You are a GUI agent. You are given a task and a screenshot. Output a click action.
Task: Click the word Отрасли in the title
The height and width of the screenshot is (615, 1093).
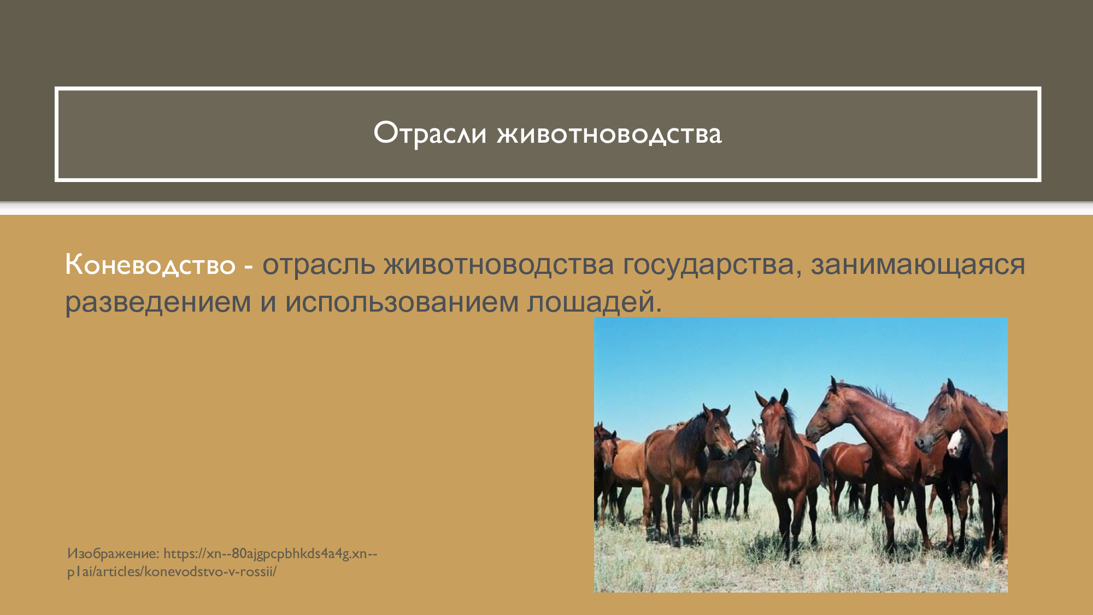(430, 133)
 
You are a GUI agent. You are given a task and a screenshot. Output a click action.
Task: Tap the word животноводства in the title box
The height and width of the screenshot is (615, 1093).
(609, 134)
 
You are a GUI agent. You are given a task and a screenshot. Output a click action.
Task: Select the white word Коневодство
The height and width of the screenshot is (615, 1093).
(150, 265)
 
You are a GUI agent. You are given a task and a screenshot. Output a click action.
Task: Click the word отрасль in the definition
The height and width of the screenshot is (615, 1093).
(319, 265)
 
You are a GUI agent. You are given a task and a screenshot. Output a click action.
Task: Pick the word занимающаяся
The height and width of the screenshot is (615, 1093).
(918, 265)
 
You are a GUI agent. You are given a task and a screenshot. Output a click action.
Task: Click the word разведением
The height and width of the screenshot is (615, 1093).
(158, 302)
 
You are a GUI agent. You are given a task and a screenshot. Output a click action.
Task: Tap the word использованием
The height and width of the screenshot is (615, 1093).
(402, 302)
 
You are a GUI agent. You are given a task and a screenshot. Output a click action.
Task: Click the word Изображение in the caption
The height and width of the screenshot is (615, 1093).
(113, 553)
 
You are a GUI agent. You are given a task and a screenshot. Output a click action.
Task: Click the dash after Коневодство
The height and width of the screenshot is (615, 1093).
(248, 266)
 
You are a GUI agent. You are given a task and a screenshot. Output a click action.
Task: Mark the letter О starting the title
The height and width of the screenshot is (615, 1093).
(384, 133)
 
